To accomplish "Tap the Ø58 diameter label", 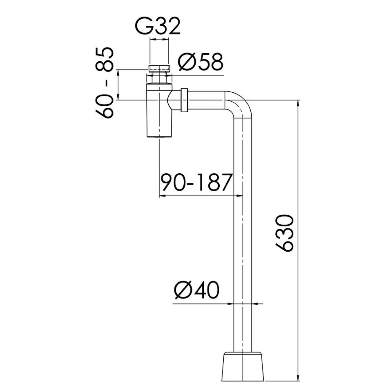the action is point(201,62).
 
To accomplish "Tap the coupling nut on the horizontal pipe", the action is point(185,100).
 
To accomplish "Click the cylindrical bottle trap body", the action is point(159,111).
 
